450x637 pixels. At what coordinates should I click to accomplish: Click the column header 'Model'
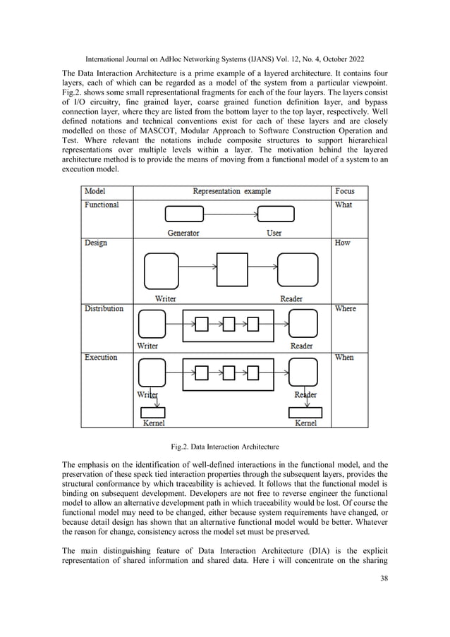[97, 191]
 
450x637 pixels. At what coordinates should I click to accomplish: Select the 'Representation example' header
[231, 191]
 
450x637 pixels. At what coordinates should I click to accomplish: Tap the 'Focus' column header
[345, 191]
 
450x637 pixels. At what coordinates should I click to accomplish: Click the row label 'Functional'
[102, 205]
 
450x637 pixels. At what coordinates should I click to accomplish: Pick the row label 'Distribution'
[104, 308]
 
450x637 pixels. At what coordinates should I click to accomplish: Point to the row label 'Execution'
[101, 358]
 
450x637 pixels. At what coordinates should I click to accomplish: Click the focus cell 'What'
[343, 205]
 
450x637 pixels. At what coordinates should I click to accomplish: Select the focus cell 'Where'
[345, 308]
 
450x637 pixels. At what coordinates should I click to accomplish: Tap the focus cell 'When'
[344, 358]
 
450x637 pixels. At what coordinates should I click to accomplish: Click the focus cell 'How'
[342, 243]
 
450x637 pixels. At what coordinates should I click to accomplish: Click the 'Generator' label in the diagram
[183, 233]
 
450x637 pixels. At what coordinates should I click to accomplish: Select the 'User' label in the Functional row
[274, 233]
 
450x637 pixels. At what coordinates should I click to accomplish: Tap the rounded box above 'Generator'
[183, 214]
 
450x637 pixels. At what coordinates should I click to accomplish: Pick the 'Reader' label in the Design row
[291, 299]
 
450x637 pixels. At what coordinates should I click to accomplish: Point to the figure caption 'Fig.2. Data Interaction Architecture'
[226, 447]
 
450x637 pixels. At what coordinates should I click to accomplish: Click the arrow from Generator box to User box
[231, 214]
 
